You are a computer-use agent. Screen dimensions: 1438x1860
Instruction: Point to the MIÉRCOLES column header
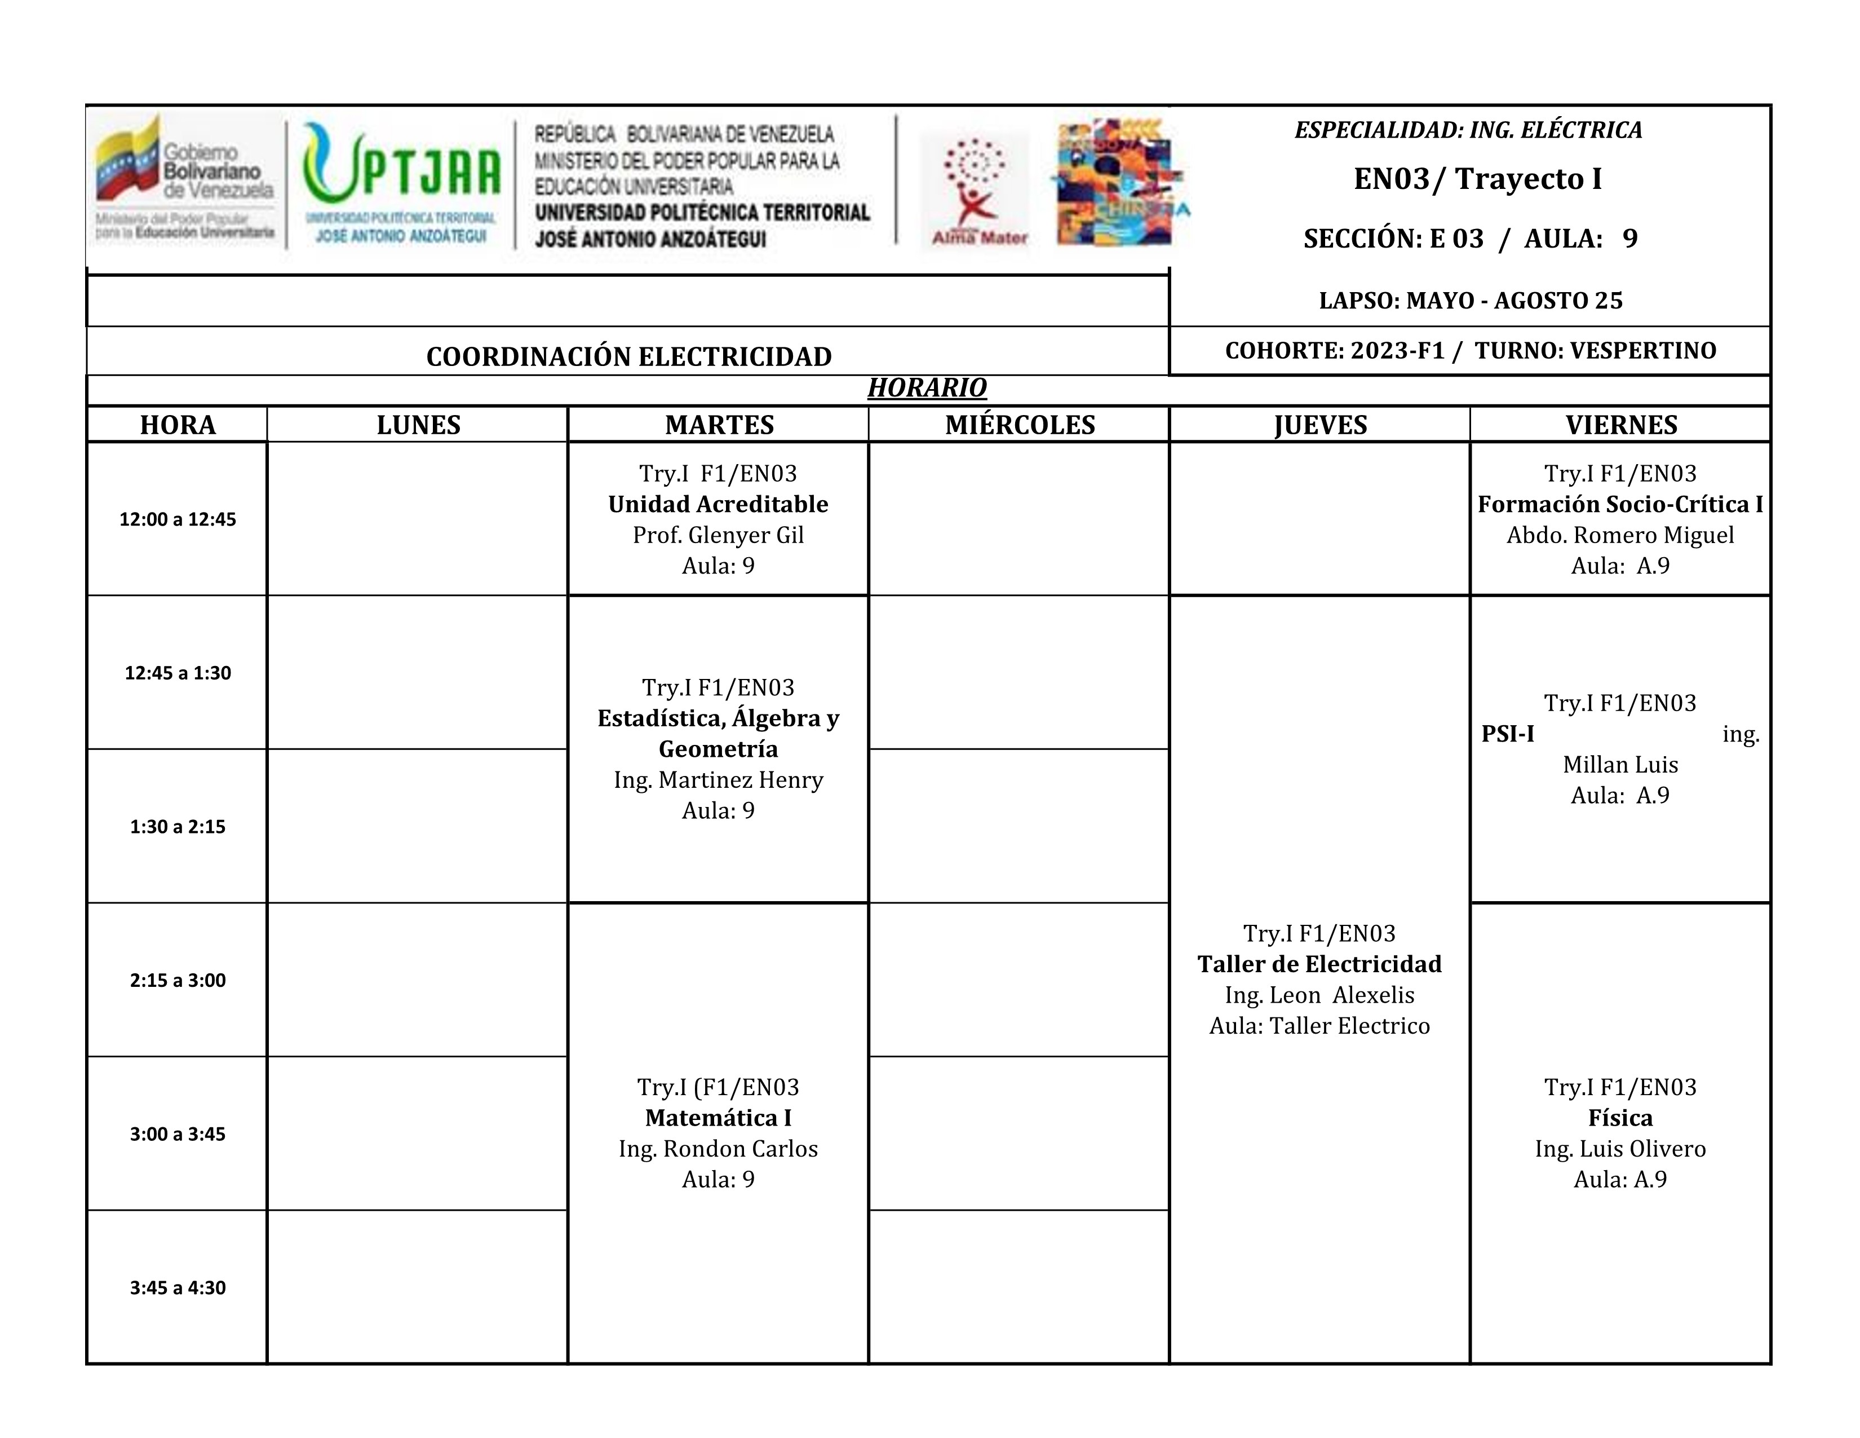click(x=1020, y=425)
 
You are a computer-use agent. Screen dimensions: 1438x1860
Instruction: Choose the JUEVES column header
click(x=1320, y=425)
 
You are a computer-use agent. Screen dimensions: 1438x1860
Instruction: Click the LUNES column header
click(x=418, y=425)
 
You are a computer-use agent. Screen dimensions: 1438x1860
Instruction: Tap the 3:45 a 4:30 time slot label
click(x=177, y=1287)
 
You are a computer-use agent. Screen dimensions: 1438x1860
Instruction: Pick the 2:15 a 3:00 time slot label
click(x=177, y=981)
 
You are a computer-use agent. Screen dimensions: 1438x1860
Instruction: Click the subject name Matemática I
click(x=718, y=1118)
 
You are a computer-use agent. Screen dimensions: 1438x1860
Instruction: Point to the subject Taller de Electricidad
click(x=1319, y=964)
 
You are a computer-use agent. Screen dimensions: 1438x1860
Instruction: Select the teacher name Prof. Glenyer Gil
click(x=718, y=535)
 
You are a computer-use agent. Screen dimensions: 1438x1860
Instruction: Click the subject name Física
click(x=1620, y=1118)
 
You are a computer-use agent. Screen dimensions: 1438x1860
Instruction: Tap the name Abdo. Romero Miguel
click(x=1620, y=535)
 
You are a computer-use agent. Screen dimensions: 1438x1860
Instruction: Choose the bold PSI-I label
click(x=1507, y=734)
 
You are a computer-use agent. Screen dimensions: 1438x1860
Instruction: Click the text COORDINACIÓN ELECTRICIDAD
click(x=628, y=357)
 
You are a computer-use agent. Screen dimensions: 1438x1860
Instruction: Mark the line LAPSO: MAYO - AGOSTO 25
click(x=1471, y=301)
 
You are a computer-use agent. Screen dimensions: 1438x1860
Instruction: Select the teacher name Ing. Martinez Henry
click(x=718, y=780)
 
